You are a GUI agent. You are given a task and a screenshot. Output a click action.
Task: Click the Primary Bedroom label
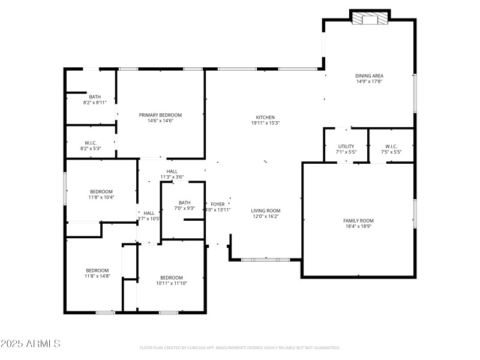(x=160, y=115)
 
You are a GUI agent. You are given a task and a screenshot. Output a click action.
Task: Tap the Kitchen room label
(x=265, y=117)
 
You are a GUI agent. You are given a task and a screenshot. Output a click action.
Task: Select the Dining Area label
(x=369, y=76)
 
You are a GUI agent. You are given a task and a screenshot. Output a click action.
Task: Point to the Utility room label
(x=346, y=146)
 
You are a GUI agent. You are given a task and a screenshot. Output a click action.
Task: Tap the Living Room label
(x=266, y=211)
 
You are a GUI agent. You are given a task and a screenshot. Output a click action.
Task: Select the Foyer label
(x=217, y=205)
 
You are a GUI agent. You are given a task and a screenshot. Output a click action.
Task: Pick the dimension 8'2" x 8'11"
(x=95, y=103)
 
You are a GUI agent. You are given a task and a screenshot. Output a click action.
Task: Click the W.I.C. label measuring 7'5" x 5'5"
(x=391, y=146)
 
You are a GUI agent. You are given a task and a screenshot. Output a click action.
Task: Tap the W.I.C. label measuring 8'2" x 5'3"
(x=91, y=143)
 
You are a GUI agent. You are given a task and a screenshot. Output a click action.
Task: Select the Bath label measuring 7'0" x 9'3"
(x=184, y=203)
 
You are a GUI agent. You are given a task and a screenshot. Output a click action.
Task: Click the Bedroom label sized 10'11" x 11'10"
(x=172, y=277)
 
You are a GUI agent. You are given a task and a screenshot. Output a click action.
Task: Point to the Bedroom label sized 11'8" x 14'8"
(x=97, y=270)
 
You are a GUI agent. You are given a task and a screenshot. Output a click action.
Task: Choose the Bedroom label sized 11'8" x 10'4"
(x=101, y=191)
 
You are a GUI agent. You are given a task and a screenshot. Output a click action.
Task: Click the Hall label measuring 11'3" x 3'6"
(x=172, y=172)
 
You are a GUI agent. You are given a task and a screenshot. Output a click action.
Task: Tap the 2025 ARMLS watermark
(x=31, y=344)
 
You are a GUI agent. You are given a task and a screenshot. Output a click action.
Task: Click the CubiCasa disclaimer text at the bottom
(x=239, y=348)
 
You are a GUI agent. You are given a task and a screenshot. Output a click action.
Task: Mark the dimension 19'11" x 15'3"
(x=265, y=123)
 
